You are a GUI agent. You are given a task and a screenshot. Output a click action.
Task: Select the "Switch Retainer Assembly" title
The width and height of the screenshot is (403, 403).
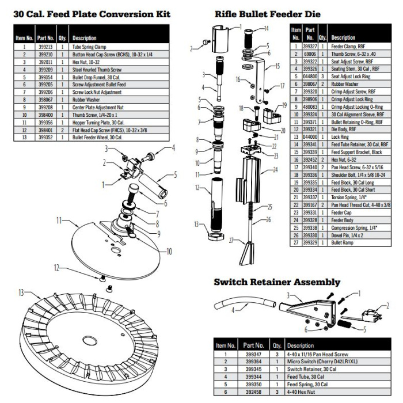[277, 282]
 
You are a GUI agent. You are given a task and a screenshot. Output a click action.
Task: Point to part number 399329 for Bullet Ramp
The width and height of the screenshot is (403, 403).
[309, 243]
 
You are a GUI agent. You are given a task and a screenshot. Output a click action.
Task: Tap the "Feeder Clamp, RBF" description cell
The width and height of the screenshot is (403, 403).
[349, 45]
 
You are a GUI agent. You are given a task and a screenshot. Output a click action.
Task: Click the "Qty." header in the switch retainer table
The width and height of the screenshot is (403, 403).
[276, 345]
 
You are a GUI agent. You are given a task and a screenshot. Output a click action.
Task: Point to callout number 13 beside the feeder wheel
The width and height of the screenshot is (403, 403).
[21, 292]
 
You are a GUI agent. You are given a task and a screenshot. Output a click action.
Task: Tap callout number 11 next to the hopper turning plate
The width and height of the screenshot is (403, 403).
[59, 220]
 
